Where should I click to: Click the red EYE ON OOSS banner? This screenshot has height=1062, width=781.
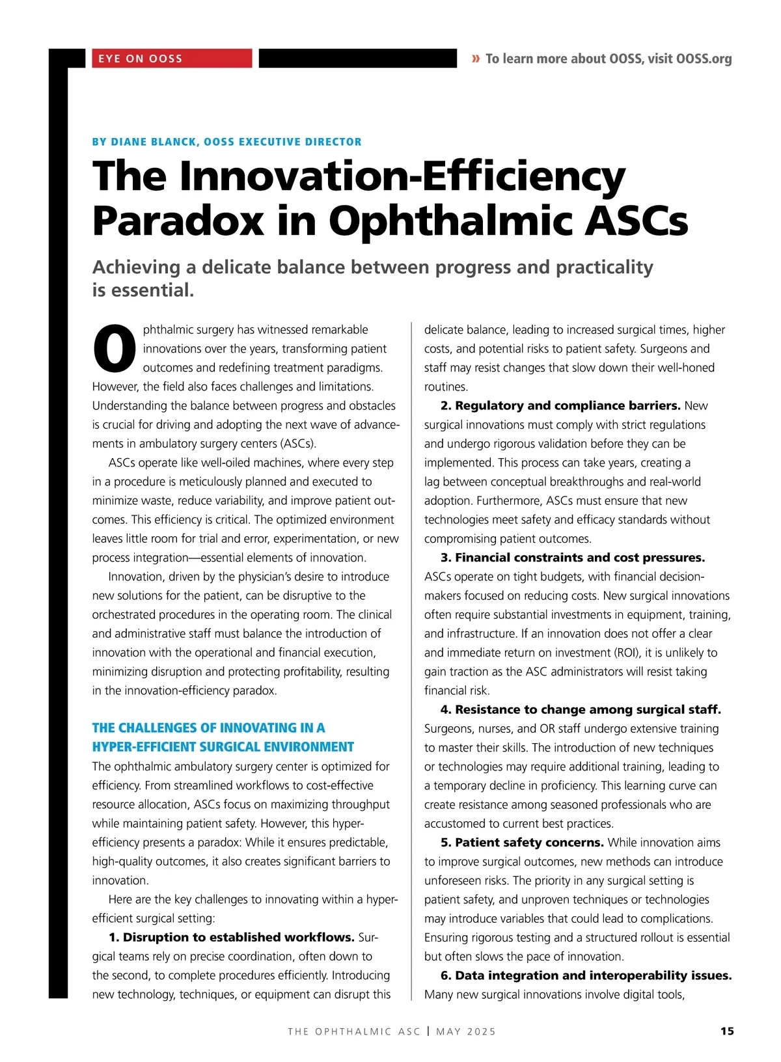pyautogui.click(x=171, y=59)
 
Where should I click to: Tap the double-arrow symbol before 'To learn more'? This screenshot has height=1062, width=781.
pyautogui.click(x=476, y=59)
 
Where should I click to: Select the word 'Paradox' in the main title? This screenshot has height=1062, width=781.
pyautogui.click(x=178, y=221)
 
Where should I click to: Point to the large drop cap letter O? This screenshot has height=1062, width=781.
pyautogui.click(x=115, y=348)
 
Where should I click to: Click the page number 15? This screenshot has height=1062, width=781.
pyautogui.click(x=727, y=1031)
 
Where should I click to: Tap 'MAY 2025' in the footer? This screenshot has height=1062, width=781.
pyautogui.click(x=466, y=1031)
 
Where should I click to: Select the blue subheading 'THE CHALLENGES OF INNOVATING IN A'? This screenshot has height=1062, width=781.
pyautogui.click(x=208, y=728)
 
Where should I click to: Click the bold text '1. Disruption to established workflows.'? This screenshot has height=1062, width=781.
pyautogui.click(x=232, y=937)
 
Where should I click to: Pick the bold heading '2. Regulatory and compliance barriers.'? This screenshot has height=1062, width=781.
pyautogui.click(x=560, y=405)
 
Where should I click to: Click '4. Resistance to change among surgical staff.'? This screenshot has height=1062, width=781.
pyautogui.click(x=581, y=709)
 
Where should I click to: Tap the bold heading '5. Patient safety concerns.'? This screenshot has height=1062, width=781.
pyautogui.click(x=522, y=842)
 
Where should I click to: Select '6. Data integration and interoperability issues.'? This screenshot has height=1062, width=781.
pyautogui.click(x=586, y=975)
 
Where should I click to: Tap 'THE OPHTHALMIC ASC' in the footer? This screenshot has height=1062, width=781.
pyautogui.click(x=354, y=1031)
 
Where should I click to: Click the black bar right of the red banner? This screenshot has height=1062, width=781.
pyautogui.click(x=358, y=59)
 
